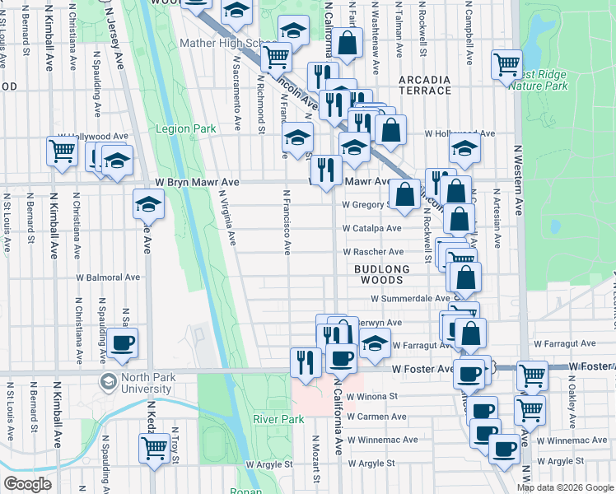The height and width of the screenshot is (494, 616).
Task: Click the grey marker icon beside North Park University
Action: pyautogui.click(x=108, y=381)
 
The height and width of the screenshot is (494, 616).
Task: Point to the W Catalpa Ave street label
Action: pyautogui.click(x=372, y=228)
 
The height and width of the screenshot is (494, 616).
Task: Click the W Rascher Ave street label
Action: pyautogui.click(x=374, y=251)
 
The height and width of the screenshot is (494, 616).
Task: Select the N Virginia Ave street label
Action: pyautogui.click(x=227, y=219)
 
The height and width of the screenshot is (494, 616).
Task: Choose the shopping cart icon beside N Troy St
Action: pyautogui.click(x=154, y=449)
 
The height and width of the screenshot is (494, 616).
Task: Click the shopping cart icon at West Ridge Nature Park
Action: pyautogui.click(x=506, y=64)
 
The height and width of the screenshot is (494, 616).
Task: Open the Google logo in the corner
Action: pyautogui.click(x=27, y=483)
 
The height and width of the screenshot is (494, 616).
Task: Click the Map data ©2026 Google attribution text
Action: pyautogui.click(x=564, y=487)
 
